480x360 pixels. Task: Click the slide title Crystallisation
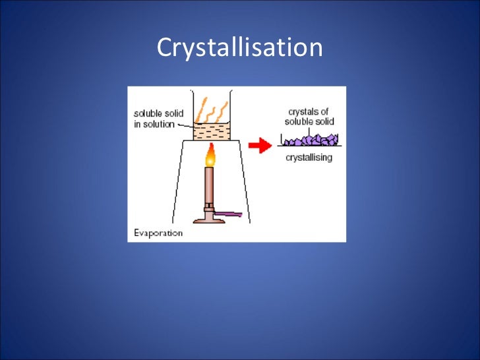(x=239, y=48)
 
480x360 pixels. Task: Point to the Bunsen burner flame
(x=210, y=156)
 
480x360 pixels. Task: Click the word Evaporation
(x=158, y=233)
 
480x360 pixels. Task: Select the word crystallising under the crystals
(x=309, y=158)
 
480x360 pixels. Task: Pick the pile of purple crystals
(x=310, y=140)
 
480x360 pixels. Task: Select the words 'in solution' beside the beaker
(x=154, y=124)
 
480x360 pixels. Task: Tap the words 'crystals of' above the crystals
(x=309, y=112)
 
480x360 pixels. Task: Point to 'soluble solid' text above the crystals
(x=309, y=121)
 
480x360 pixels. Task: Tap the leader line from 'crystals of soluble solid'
(x=309, y=131)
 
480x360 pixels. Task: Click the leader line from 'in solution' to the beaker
(x=185, y=125)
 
